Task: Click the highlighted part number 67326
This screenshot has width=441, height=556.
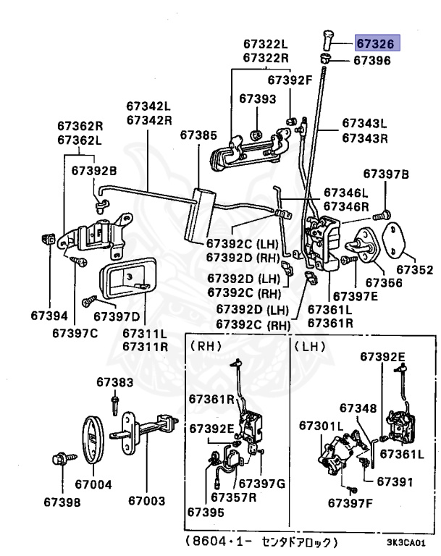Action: coord(375,43)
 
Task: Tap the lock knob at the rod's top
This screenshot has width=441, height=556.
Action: coord(327,41)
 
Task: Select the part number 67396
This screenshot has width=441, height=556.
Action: coord(372,61)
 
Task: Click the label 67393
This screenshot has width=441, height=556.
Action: coord(257,98)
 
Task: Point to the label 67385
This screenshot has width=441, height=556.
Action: coord(198,135)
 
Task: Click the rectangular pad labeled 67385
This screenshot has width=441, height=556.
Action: coord(199,216)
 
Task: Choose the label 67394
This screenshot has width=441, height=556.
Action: coord(49,316)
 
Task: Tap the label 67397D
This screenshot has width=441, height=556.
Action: coord(117,316)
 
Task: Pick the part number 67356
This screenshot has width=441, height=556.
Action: coord(384,282)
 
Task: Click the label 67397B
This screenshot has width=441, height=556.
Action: coord(386,174)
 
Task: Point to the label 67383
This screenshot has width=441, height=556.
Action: coord(115,382)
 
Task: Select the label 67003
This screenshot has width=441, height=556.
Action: coord(146,501)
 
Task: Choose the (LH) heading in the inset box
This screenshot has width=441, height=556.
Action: coord(310,347)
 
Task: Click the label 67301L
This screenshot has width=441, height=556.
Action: coord(322,426)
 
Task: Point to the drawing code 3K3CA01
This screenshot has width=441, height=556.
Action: coord(406,543)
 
